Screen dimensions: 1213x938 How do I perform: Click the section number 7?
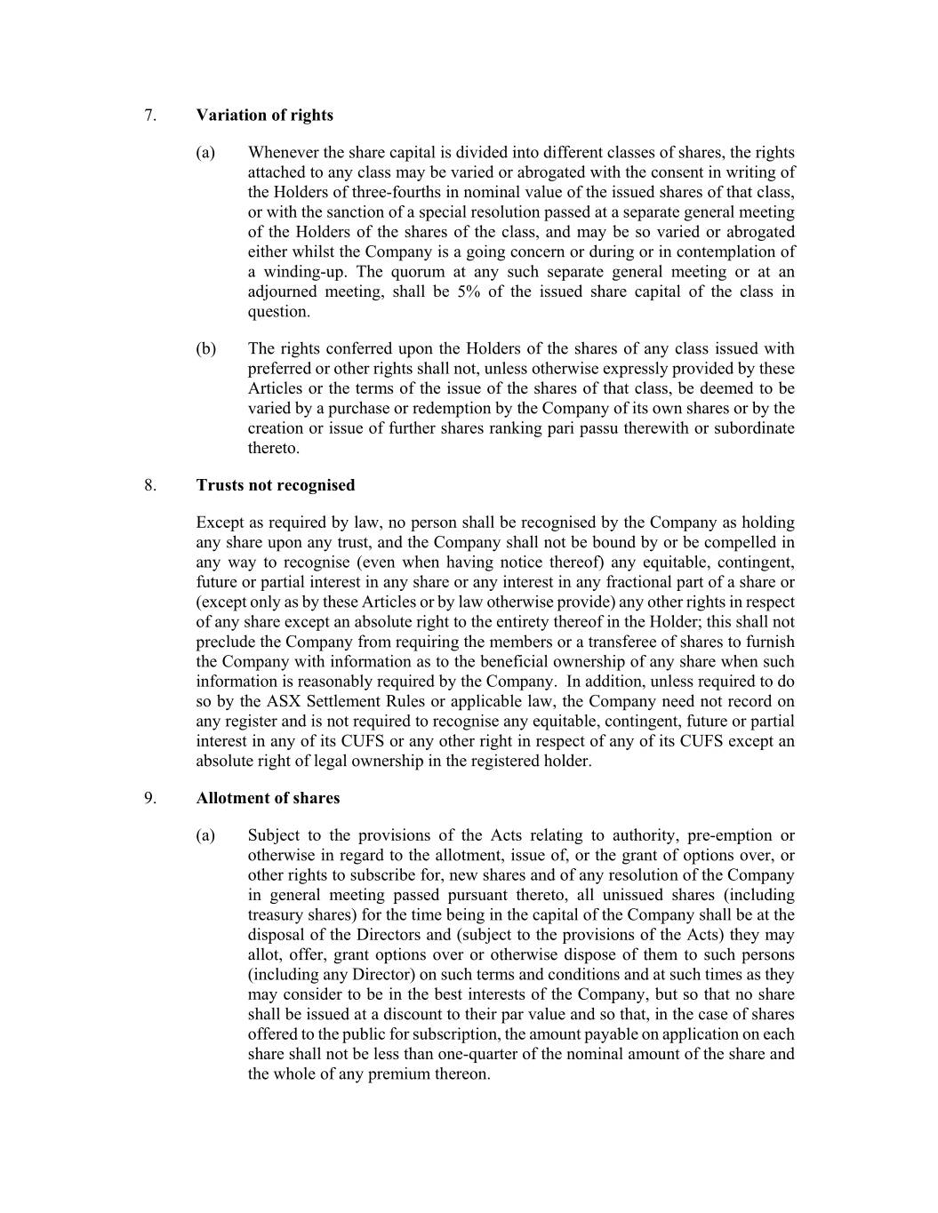(150, 116)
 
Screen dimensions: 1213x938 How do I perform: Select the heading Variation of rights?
(265, 116)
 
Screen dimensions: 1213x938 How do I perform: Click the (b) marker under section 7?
(205, 349)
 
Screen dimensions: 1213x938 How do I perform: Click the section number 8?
(150, 485)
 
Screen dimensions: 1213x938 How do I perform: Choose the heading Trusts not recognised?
(276, 485)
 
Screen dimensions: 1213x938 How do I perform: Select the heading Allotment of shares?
(268, 798)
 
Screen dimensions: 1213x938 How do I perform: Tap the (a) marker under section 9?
(205, 835)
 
